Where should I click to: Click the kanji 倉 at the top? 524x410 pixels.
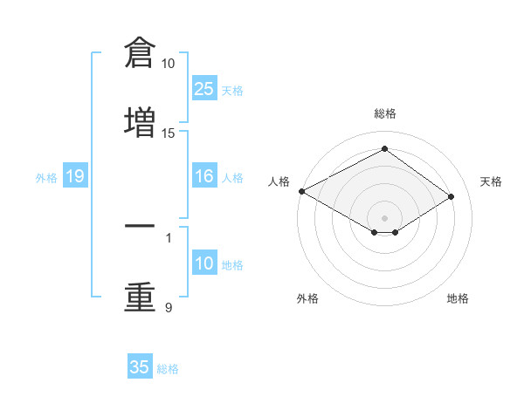tap(140, 52)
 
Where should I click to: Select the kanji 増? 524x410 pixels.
tap(140, 122)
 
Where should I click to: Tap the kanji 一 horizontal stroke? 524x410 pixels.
tap(140, 226)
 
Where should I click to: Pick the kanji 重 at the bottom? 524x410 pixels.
tap(140, 297)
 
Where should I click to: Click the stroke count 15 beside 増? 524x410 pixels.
tap(168, 133)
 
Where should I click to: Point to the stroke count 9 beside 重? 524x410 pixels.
tap(169, 307)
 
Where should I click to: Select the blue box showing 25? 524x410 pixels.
tap(204, 88)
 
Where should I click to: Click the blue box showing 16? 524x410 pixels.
tap(204, 175)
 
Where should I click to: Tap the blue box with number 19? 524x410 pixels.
tap(75, 175)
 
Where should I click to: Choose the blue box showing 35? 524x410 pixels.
tap(140, 366)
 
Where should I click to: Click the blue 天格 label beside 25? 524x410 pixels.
tap(232, 91)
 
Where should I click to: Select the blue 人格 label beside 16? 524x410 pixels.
tap(232, 178)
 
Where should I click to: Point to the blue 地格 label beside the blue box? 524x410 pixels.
tap(232, 265)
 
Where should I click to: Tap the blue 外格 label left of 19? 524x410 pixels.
tap(46, 178)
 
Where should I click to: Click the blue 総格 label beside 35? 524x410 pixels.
tap(168, 369)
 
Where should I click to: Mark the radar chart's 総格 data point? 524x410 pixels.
tap(384, 148)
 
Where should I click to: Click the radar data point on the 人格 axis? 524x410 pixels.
tap(302, 191)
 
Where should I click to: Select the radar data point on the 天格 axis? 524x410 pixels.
tap(451, 196)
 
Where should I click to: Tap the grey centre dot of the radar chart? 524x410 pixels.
tap(384, 218)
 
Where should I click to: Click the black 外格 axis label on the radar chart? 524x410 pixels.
tap(307, 298)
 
